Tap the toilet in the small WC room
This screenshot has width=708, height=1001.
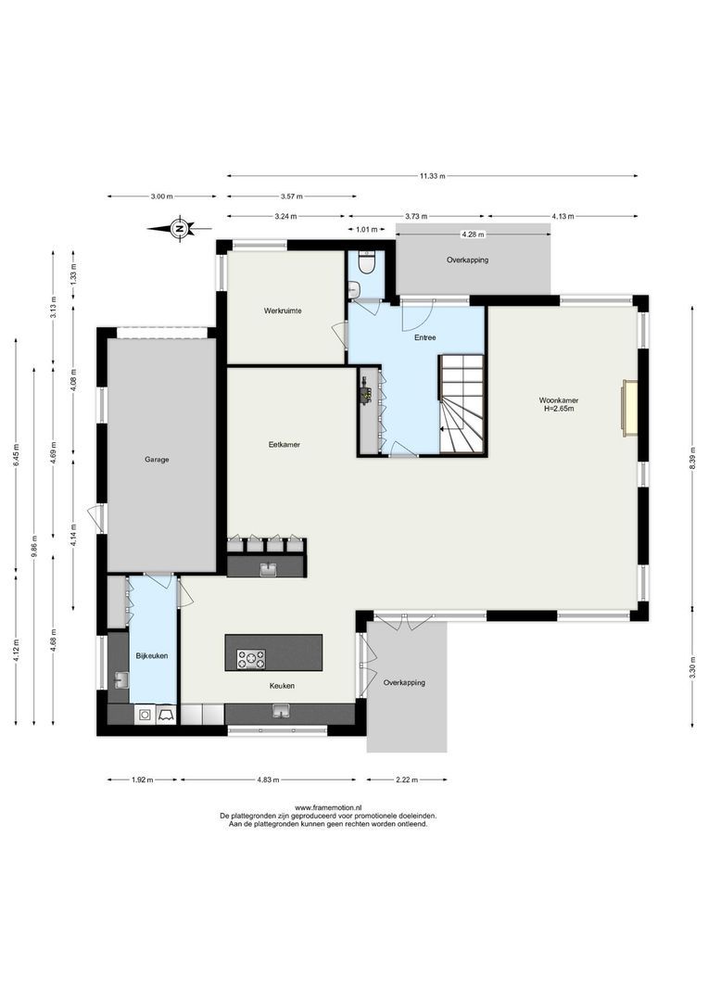coord(366,266)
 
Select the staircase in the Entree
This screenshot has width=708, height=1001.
coord(461,404)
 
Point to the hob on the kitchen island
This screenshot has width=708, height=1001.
coord(251,659)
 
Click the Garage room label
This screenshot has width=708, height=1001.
coord(156,460)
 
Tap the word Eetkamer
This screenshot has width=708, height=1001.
coord(284,445)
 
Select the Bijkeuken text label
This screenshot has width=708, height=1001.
coord(151,656)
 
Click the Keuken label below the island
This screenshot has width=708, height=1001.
coord(282,686)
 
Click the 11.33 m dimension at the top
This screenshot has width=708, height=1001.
coord(432,176)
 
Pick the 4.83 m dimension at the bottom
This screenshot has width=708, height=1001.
coord(269,779)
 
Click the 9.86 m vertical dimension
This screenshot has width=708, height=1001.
coord(34,545)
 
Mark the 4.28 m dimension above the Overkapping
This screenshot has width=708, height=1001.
coord(473,234)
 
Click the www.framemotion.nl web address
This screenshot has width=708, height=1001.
coord(328,808)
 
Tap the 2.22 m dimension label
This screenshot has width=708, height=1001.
coord(406,779)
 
